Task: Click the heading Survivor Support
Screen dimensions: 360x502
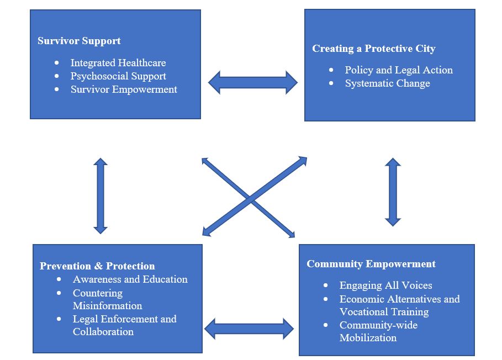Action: (79, 41)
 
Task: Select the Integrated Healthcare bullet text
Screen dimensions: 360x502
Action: (118, 63)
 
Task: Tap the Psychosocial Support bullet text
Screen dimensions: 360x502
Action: (118, 76)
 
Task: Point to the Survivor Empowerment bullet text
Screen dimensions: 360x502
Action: (124, 89)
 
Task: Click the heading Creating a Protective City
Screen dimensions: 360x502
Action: (373, 49)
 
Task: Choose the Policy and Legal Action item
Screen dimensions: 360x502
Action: (398, 70)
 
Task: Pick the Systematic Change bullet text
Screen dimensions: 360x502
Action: (387, 83)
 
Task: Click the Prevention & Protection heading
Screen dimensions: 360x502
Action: (97, 266)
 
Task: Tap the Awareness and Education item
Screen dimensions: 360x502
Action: (130, 279)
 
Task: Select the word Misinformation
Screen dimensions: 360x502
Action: (107, 306)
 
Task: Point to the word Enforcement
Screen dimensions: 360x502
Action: (124, 319)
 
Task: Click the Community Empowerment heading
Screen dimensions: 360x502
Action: (371, 264)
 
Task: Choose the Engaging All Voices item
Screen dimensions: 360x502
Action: (385, 285)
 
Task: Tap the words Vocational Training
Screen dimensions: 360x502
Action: (384, 312)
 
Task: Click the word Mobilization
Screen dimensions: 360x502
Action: (368, 338)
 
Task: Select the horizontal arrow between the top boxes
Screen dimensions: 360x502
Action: (252, 83)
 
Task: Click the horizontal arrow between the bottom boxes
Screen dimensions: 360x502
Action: (249, 329)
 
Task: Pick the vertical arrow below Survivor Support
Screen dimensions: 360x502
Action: (100, 195)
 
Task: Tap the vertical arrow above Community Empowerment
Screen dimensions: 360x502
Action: (393, 192)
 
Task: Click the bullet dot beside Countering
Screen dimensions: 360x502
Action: (60, 293)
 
